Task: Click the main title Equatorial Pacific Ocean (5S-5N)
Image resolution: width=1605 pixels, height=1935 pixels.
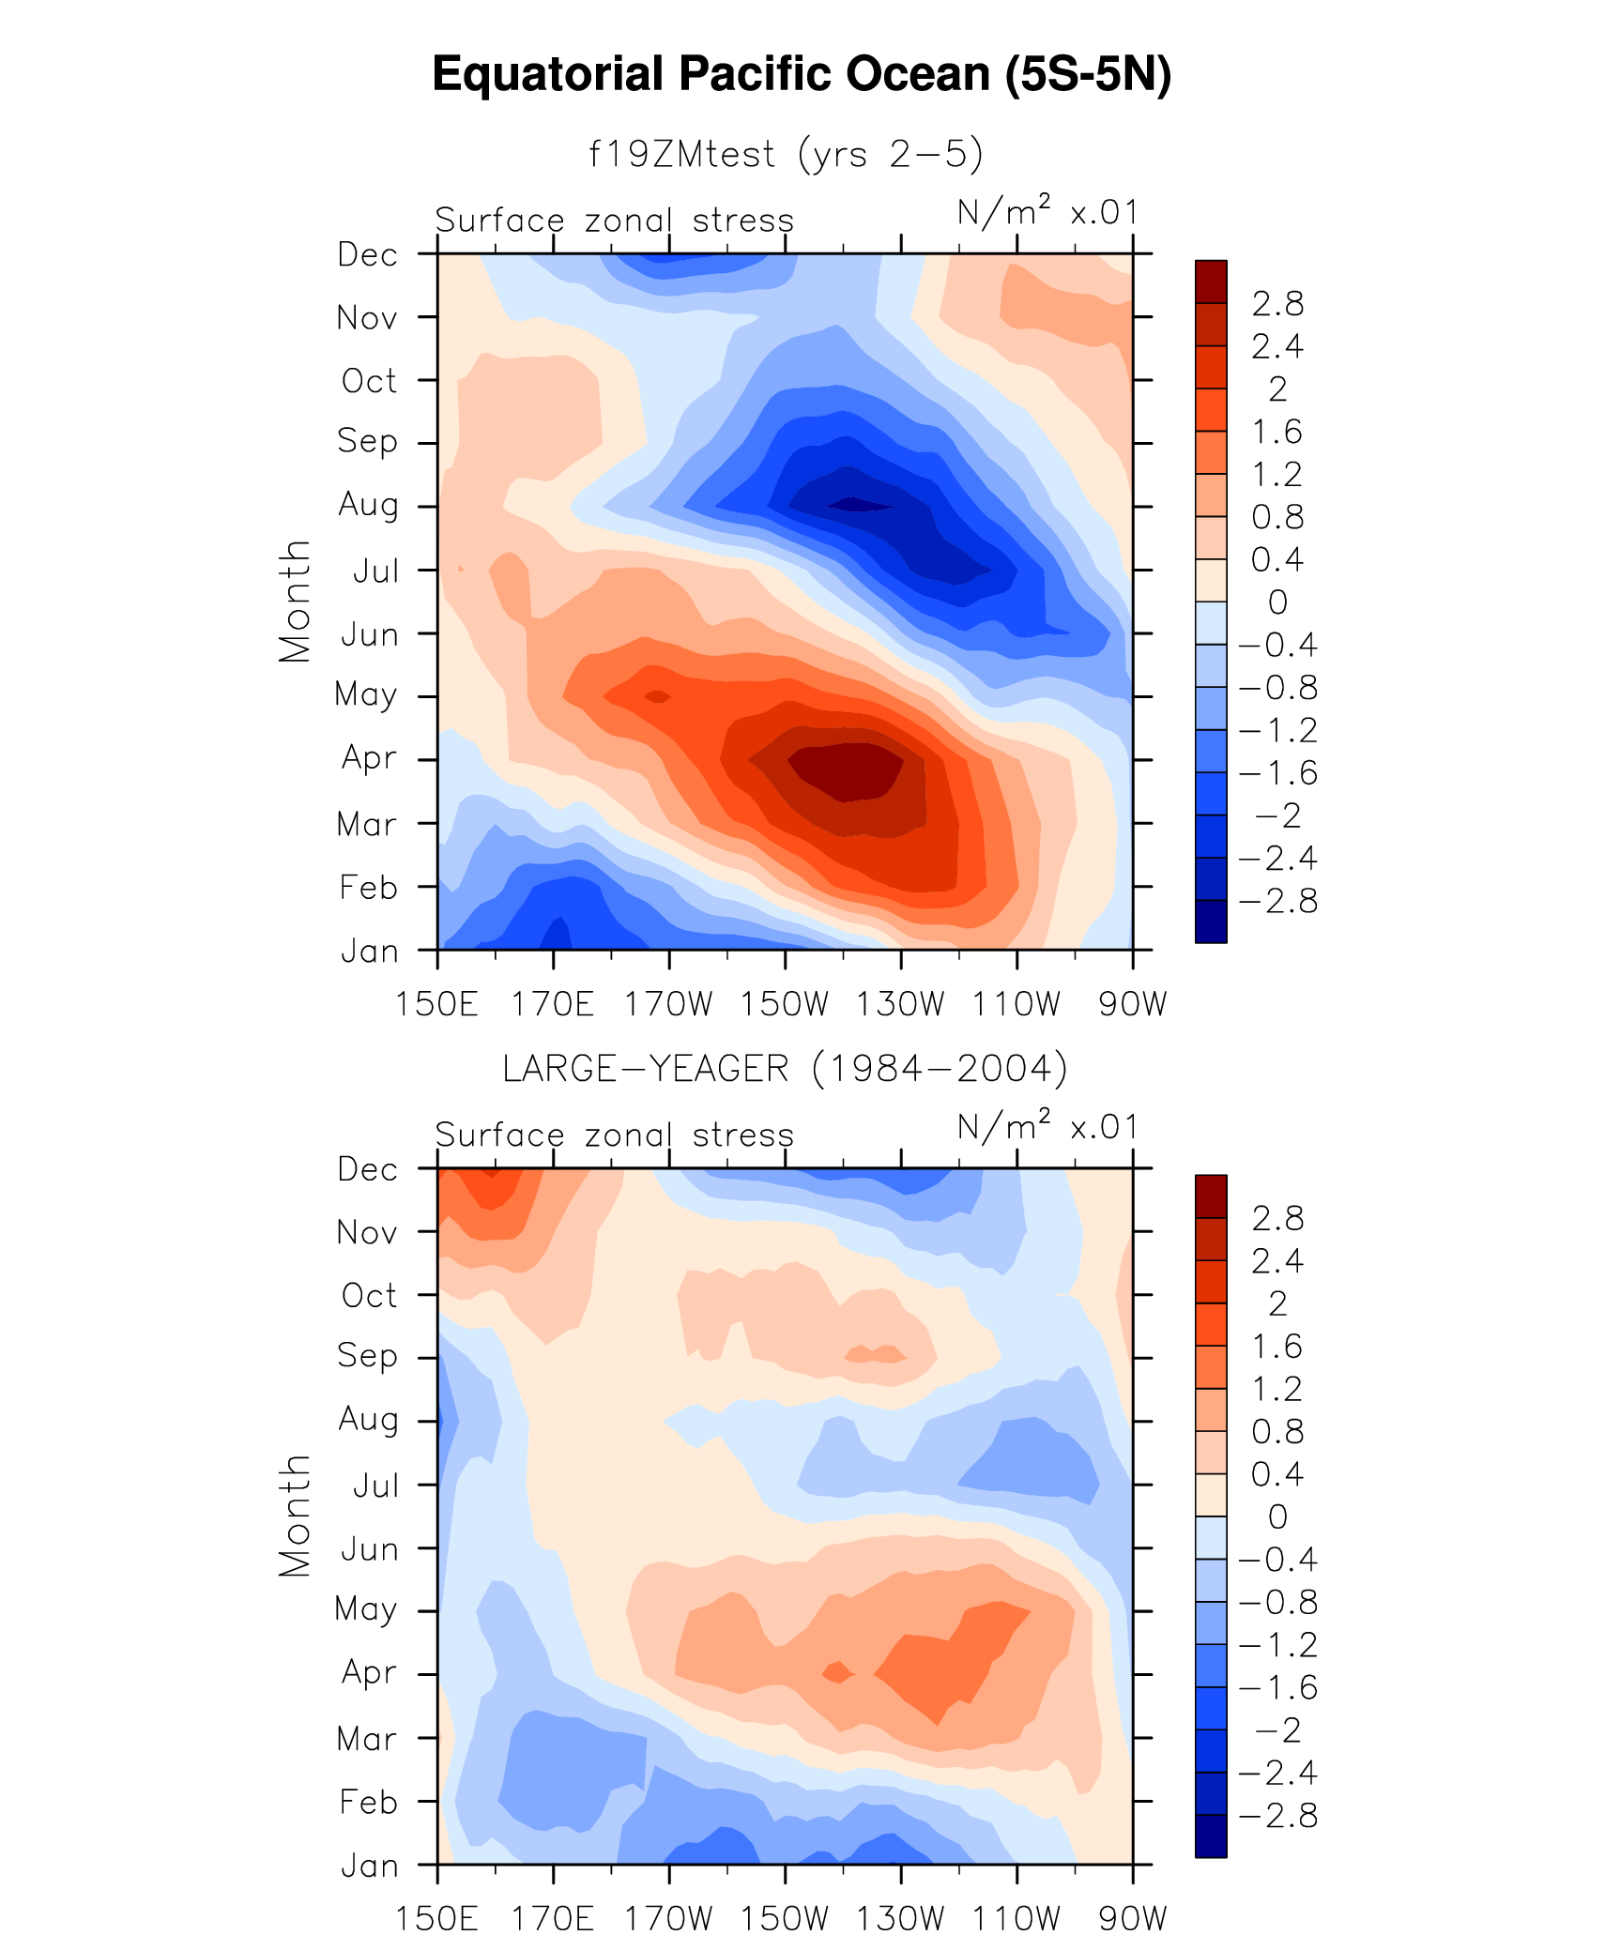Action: point(802,74)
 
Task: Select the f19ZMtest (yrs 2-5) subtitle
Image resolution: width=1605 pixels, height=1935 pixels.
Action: point(785,154)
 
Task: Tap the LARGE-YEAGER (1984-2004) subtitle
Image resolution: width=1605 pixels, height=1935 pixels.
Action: point(785,1069)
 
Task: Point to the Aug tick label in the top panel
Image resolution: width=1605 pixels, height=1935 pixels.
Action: point(368,506)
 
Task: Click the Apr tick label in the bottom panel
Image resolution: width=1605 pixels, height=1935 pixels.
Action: point(369,1672)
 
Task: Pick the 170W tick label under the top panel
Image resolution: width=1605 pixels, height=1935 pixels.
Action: point(668,1004)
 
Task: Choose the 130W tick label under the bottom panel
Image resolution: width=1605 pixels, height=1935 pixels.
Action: point(900,1918)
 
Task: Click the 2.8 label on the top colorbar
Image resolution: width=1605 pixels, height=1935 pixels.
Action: point(1277,304)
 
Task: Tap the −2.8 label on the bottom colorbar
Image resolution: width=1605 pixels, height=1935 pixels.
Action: point(1277,1816)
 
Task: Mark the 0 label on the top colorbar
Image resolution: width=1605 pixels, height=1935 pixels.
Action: point(1277,602)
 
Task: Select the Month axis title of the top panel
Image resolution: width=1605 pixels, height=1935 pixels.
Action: point(295,602)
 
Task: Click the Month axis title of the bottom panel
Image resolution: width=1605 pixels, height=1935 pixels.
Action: point(295,1516)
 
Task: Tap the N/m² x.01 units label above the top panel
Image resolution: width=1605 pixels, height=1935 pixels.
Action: point(1047,213)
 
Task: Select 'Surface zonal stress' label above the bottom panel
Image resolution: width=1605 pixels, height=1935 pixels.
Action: point(614,1135)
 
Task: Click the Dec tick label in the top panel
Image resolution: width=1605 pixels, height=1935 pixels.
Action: point(367,254)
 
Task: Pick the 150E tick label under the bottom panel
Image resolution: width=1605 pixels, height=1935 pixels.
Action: point(436,1918)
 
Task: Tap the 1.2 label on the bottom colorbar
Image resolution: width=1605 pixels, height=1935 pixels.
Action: point(1277,1389)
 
